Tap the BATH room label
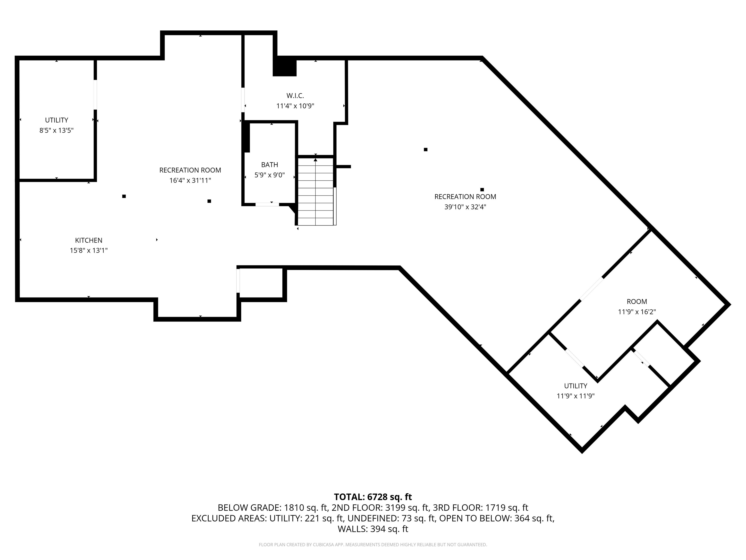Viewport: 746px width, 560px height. [x=270, y=165]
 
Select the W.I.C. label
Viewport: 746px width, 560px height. [x=295, y=96]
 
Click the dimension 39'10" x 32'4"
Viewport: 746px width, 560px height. [x=465, y=207]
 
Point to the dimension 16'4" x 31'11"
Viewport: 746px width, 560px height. [x=190, y=181]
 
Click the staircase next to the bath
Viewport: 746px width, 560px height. [x=315, y=192]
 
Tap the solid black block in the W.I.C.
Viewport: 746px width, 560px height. [x=284, y=68]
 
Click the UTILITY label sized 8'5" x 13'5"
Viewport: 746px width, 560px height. [x=56, y=120]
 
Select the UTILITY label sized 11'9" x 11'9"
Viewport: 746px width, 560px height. [x=575, y=386]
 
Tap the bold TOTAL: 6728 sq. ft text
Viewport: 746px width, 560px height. [x=373, y=497]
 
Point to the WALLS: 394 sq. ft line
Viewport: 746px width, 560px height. [x=373, y=529]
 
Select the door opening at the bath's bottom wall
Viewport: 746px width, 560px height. [x=267, y=204]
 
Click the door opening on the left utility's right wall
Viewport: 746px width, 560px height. [x=95, y=95]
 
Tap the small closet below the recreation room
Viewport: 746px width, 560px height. [x=261, y=283]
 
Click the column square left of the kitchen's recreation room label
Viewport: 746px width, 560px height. [x=124, y=196]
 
